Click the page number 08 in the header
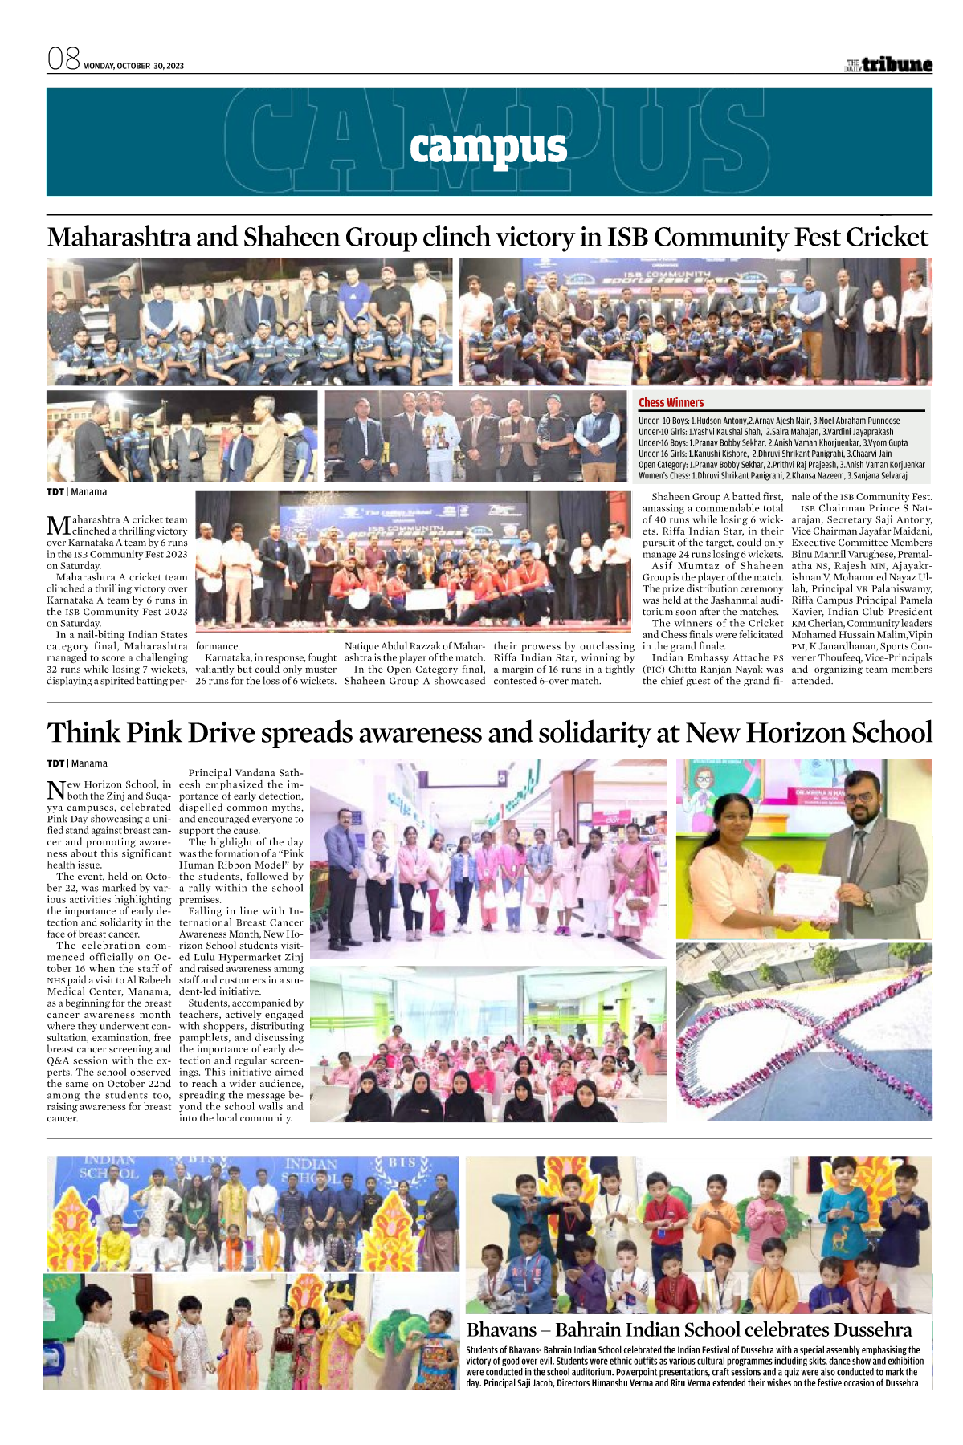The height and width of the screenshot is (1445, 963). point(63,59)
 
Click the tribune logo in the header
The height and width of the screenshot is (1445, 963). point(888,65)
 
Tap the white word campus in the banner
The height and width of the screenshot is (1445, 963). point(488,147)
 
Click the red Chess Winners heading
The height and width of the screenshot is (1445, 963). point(671,403)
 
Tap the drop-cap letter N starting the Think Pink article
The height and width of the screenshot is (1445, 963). point(56,790)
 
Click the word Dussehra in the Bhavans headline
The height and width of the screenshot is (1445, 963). point(872,1329)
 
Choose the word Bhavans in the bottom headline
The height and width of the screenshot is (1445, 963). point(501,1329)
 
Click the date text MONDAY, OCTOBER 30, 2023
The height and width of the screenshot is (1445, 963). point(133,66)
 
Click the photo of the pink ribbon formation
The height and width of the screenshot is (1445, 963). point(803,1032)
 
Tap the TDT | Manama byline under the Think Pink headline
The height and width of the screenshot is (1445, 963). point(77,763)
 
